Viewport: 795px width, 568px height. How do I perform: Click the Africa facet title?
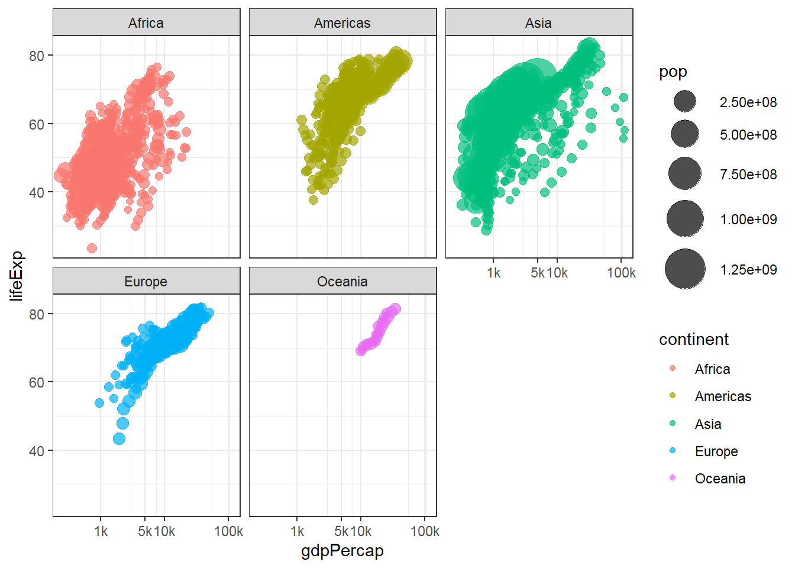146,23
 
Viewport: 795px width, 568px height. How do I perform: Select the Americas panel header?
342,23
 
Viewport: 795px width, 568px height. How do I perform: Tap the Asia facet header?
538,23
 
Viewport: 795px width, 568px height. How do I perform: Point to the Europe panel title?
146,282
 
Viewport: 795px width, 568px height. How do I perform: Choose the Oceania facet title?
342,282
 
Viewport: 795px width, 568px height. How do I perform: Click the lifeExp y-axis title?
17,276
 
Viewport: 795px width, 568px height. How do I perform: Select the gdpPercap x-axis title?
342,551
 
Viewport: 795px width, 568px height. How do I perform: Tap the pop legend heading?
673,72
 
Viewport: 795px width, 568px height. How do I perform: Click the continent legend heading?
694,340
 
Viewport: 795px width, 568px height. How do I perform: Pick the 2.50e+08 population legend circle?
684,102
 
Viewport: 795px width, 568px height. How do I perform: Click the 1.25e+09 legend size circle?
684,269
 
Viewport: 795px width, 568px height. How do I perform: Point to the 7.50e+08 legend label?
748,175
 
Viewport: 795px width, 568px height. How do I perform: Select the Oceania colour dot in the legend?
673,478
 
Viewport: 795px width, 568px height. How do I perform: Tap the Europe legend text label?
716,451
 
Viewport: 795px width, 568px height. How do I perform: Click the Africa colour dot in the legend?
673,369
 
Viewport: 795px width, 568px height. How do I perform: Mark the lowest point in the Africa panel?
92,248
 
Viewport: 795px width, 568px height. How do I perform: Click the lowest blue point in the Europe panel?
119,438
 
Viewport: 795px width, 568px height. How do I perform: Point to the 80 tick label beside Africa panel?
37,56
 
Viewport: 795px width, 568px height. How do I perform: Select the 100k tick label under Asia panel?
621,273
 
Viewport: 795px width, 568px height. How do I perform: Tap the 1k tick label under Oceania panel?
297,531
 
